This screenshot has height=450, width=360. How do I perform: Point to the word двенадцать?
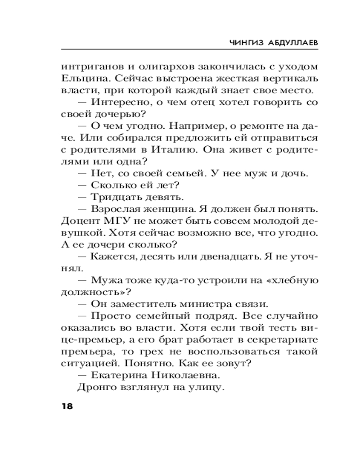[x=232, y=257]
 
